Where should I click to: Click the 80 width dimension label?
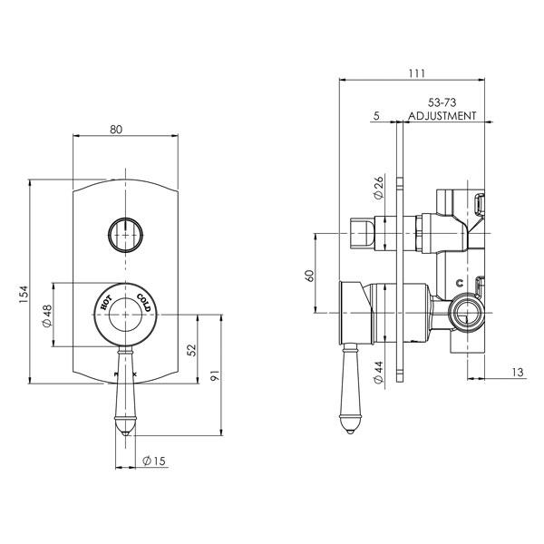tap(116, 129)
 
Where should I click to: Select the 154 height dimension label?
tap(24, 295)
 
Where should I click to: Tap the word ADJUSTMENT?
tap(442, 117)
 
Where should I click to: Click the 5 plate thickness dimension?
tap(374, 116)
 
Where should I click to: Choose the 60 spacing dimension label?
tap(309, 275)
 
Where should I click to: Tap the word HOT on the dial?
tap(105, 303)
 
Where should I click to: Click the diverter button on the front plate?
tap(123, 233)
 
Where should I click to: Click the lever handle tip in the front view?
tap(124, 426)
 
